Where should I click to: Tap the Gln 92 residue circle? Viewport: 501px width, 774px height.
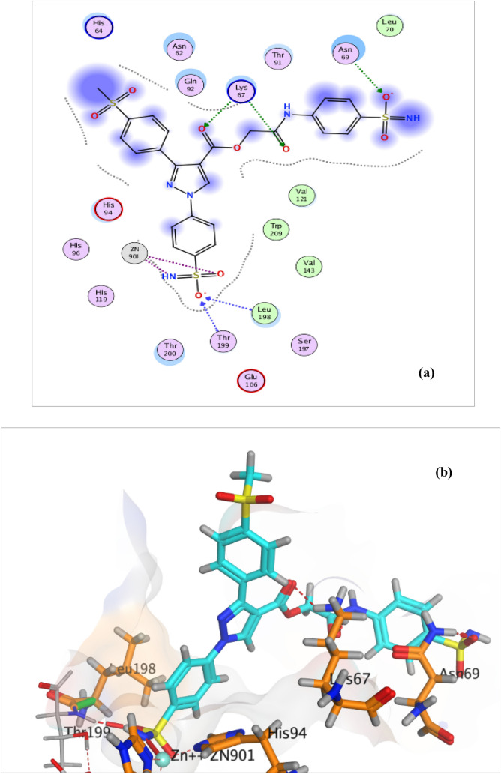[188, 83]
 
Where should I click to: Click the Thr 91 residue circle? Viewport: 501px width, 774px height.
[278, 58]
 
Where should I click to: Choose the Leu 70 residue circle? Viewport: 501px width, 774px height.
[388, 26]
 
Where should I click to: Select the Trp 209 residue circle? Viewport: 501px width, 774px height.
[276, 229]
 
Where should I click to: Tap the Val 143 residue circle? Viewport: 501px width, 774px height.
[309, 265]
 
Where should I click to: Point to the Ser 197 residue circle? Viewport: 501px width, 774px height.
[304, 345]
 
